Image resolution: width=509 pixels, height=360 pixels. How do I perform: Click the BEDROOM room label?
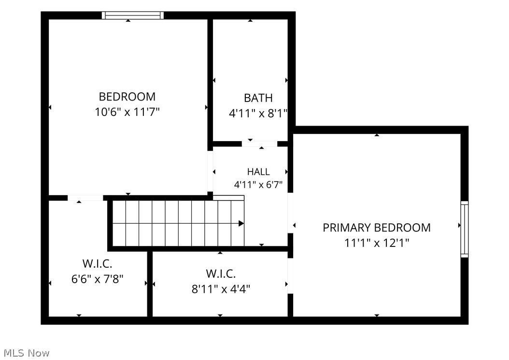127,97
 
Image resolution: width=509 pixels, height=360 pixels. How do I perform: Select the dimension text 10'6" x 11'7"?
127,112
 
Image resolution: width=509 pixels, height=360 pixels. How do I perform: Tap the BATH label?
258,98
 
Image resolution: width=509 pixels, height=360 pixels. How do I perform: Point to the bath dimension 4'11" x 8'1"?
258,114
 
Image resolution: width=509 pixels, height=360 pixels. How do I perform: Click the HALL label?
258,172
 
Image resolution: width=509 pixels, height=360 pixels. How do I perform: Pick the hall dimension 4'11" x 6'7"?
258,185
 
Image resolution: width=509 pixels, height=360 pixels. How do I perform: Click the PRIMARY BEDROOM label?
377,228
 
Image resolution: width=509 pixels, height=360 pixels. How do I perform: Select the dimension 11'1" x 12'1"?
377,243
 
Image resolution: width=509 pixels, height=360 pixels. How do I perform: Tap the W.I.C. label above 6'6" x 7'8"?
98,263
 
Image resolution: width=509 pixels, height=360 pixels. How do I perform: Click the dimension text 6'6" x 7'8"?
98,279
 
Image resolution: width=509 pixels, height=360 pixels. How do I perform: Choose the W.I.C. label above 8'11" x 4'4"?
221,274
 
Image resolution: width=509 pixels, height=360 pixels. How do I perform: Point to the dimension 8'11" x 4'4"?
221,289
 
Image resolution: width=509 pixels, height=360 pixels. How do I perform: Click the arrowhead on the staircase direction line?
241,224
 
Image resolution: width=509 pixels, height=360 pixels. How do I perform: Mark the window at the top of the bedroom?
133,15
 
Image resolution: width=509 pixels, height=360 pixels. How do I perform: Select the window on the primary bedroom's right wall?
465,229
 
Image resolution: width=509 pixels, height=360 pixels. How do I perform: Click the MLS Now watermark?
27,353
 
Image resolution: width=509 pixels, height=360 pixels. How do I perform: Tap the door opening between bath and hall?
259,144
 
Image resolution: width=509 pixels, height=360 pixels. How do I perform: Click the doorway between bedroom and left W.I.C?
85,198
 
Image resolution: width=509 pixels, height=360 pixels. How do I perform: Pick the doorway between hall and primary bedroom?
291,213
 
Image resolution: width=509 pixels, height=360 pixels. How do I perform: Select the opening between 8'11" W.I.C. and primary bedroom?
291,276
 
